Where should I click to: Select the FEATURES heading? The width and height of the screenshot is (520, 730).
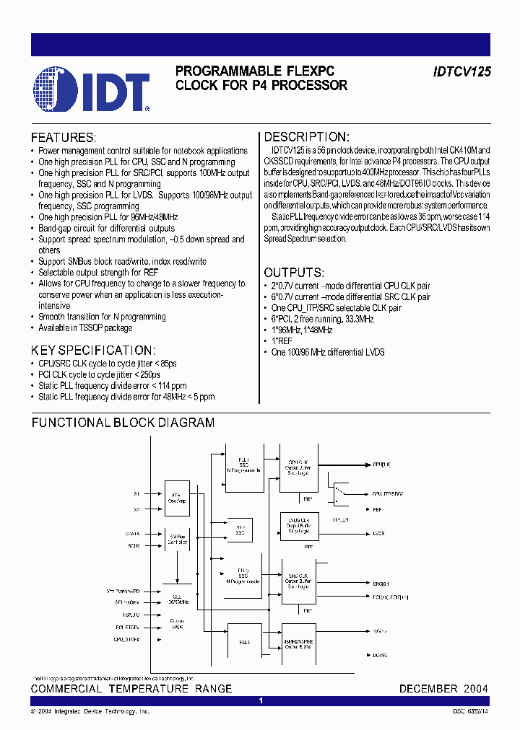click(63, 138)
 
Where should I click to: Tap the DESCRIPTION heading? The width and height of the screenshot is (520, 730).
click(306, 137)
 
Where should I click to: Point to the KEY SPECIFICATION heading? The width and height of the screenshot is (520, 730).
click(92, 350)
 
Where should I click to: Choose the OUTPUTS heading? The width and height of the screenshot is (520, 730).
click(293, 273)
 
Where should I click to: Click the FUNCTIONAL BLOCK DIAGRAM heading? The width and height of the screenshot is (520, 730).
click(123, 423)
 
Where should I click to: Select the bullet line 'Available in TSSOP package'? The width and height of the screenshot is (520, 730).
click(85, 328)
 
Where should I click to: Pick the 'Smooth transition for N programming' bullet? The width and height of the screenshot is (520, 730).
click(102, 317)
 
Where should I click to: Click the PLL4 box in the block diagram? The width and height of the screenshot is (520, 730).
click(244, 642)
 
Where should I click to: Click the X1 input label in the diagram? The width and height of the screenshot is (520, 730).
click(136, 494)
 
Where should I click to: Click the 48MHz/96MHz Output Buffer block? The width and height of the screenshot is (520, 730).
click(298, 636)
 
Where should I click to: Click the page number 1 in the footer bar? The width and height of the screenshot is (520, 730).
click(260, 700)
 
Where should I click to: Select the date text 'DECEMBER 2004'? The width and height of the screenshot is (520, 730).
click(443, 689)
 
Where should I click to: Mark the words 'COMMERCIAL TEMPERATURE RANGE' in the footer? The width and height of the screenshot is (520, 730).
click(131, 689)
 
